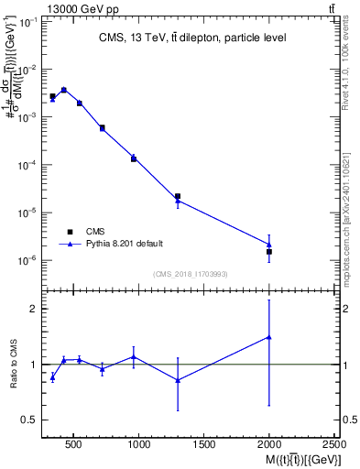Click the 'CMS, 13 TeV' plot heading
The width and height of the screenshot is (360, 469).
pos(191,38)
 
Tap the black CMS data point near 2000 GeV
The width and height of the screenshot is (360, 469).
pos(269,251)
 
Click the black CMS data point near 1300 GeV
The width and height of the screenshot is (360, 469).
pos(178,196)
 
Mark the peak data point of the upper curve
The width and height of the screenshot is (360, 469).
pos(63,90)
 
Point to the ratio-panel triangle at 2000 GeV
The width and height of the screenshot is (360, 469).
pos(269,337)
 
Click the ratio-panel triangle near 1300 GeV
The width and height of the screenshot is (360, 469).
pos(178,380)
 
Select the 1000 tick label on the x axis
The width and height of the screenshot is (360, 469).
pos(139,444)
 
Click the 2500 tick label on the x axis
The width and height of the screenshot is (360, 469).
pos(335,444)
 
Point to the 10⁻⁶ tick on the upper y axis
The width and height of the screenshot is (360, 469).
pos(30,260)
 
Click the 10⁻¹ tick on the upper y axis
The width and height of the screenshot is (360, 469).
pos(30,22)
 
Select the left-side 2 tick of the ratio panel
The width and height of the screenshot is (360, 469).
pos(34,309)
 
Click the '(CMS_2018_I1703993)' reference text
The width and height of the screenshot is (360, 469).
pos(191,274)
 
